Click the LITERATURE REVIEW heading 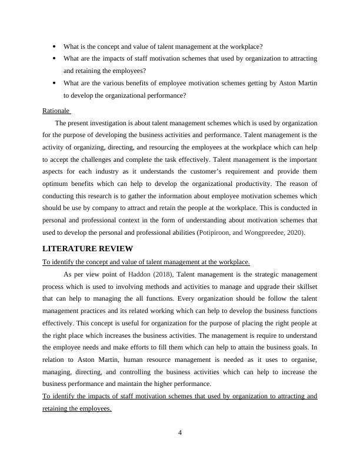point(88,248)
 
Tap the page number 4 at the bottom point(180,434)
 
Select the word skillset point(304,287)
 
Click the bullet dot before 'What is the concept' point(54,46)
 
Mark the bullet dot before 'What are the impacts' point(54,58)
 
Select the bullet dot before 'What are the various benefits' point(54,83)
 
